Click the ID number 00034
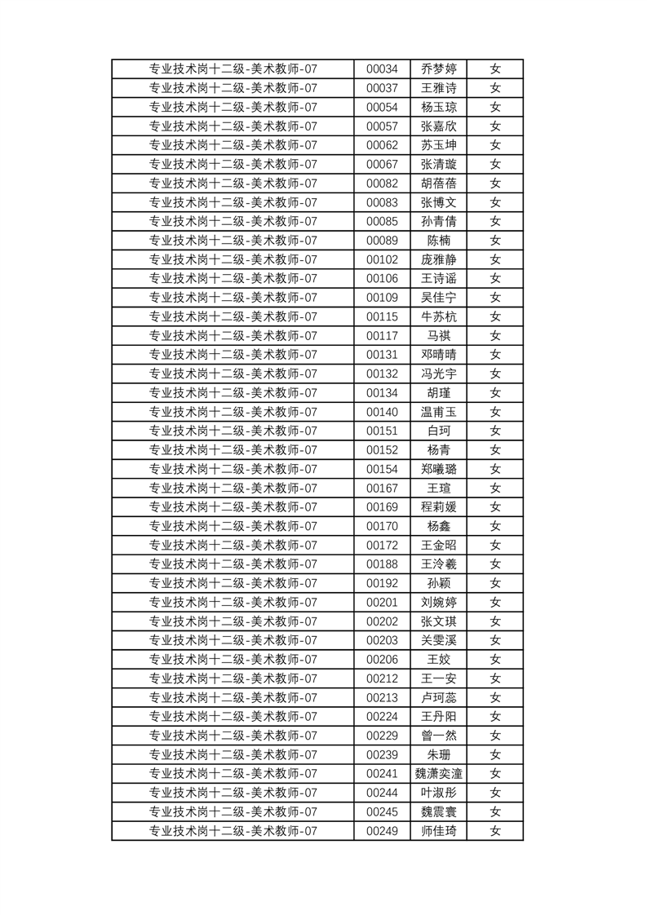382,69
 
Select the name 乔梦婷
438,69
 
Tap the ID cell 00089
382,241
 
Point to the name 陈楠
438,241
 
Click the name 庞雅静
438,260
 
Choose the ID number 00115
382,317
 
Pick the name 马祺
438,336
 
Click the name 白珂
438,431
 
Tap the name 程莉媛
438,507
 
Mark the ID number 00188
382,564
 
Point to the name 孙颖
438,584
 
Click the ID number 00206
382,660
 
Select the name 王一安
438,679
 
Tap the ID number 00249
382,831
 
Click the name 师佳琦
438,831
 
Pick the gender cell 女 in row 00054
494,108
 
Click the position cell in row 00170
233,527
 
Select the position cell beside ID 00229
233,736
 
